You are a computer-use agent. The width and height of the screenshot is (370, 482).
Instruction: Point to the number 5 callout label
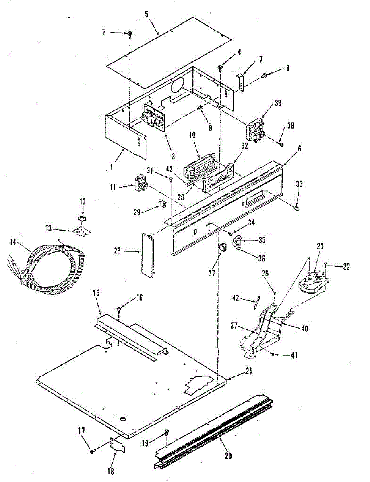click(x=147, y=14)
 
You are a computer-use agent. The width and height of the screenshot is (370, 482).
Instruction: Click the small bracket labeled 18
click(x=118, y=446)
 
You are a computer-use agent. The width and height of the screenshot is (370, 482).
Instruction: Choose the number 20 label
click(x=228, y=455)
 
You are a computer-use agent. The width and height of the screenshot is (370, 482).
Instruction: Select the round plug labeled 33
click(x=297, y=208)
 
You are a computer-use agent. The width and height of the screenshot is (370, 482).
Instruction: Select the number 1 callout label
click(x=111, y=167)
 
